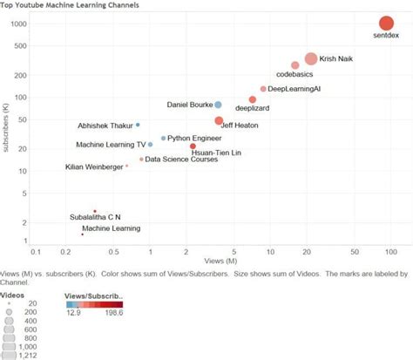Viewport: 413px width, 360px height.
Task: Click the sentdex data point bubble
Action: pyautogui.click(x=386, y=24)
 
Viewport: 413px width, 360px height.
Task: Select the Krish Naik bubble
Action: pyautogui.click(x=311, y=59)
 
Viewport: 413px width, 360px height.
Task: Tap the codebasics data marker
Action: pyautogui.click(x=295, y=65)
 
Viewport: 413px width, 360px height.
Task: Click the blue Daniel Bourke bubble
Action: pyautogui.click(x=218, y=105)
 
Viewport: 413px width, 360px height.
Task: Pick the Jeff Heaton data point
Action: pyautogui.click(x=219, y=120)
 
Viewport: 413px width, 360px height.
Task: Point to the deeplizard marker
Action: pyautogui.click(x=253, y=100)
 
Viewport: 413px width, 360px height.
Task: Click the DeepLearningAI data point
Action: pyautogui.click(x=263, y=89)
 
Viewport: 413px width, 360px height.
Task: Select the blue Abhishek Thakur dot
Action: pyautogui.click(x=138, y=126)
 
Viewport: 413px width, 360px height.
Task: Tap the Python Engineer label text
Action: pyautogui.click(x=195, y=138)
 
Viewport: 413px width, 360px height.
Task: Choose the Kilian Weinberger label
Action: pyautogui.click(x=93, y=166)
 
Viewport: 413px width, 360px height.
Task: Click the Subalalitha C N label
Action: pyautogui.click(x=95, y=216)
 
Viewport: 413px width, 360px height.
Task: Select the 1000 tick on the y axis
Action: pyautogui.click(x=17, y=24)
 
